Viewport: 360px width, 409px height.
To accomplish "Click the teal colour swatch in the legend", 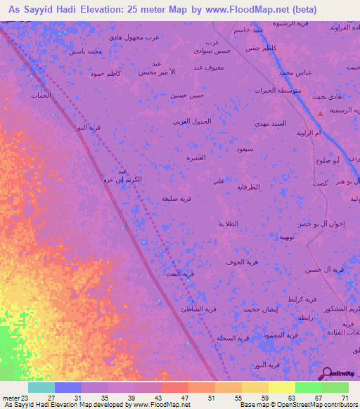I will [x=41, y=387].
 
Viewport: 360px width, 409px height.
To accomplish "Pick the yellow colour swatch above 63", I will [x=281, y=387].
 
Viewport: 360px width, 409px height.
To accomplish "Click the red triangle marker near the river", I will [x=321, y=112].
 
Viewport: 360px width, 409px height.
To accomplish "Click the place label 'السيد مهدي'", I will [x=271, y=123].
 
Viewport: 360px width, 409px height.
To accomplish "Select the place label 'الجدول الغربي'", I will [x=192, y=121].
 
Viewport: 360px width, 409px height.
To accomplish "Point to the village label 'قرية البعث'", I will [x=179, y=274].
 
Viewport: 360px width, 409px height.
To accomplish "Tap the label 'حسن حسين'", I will [x=187, y=95].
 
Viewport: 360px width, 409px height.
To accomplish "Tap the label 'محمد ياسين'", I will [x=84, y=51].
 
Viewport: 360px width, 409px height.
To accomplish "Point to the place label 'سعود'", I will [x=245, y=149].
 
